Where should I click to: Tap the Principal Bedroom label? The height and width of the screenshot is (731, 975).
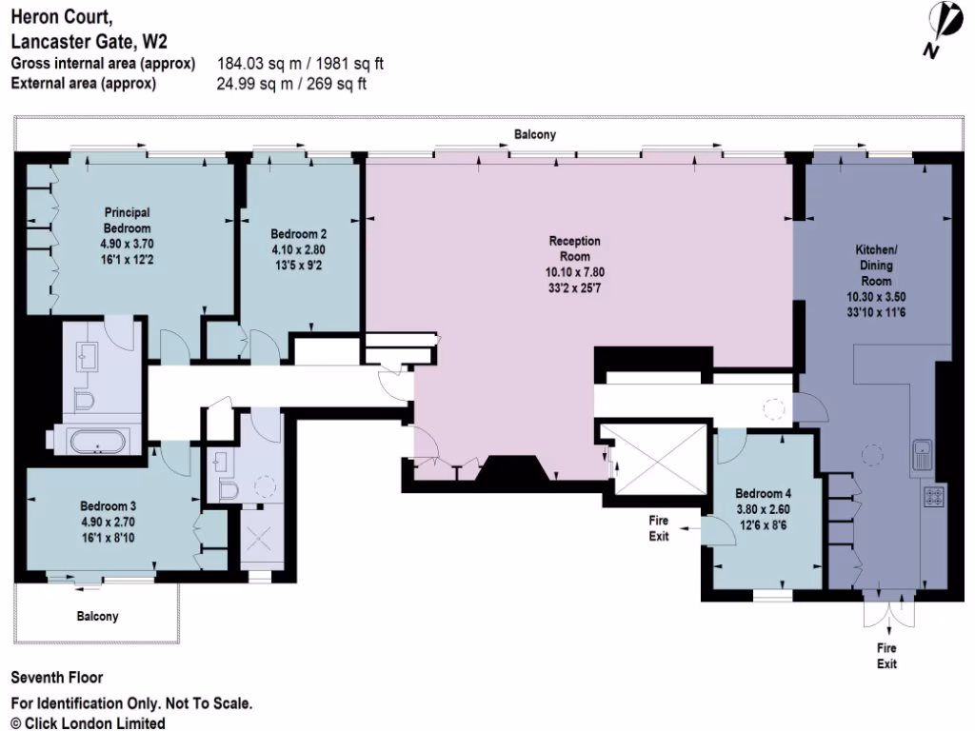click(128, 221)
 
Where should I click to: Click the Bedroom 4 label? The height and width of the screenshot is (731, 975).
click(763, 494)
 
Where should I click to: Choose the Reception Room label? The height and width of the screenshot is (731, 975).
click(575, 248)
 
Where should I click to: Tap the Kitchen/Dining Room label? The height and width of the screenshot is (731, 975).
click(876, 266)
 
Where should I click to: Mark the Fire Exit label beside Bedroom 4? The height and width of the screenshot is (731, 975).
click(659, 528)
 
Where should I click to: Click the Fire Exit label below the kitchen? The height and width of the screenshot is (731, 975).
click(886, 656)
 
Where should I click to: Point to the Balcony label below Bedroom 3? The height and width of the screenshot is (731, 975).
click(98, 617)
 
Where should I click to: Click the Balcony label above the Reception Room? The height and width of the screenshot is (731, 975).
click(535, 135)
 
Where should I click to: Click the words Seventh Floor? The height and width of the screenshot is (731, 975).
click(56, 679)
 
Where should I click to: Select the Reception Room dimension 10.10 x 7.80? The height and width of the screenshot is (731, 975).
click(575, 271)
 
